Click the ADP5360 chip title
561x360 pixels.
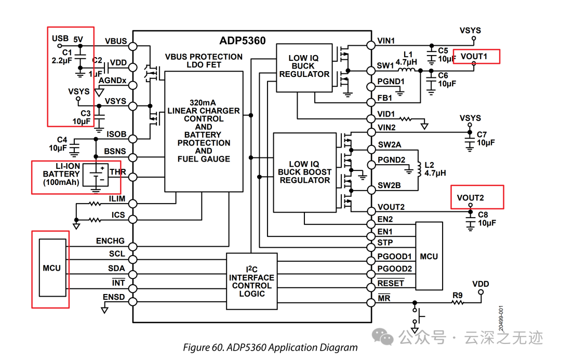[x=242, y=41]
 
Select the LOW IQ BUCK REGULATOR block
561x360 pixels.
[x=304, y=66]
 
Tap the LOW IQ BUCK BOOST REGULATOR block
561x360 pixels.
[x=304, y=172]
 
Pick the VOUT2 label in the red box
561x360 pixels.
[x=471, y=197]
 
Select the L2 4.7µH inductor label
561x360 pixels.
[x=435, y=168]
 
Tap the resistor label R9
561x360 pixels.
[x=457, y=296]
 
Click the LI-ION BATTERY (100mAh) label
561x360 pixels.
[x=61, y=174]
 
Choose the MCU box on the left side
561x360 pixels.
[x=52, y=268]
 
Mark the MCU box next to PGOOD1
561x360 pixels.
[x=429, y=256]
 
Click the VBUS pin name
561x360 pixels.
[x=115, y=41]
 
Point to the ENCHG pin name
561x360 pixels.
[x=110, y=241]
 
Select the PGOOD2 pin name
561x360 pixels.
[x=394, y=269]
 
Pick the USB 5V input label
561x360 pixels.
[x=68, y=39]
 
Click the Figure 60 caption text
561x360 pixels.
[x=270, y=348]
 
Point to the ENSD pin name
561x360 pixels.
[x=114, y=297]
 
